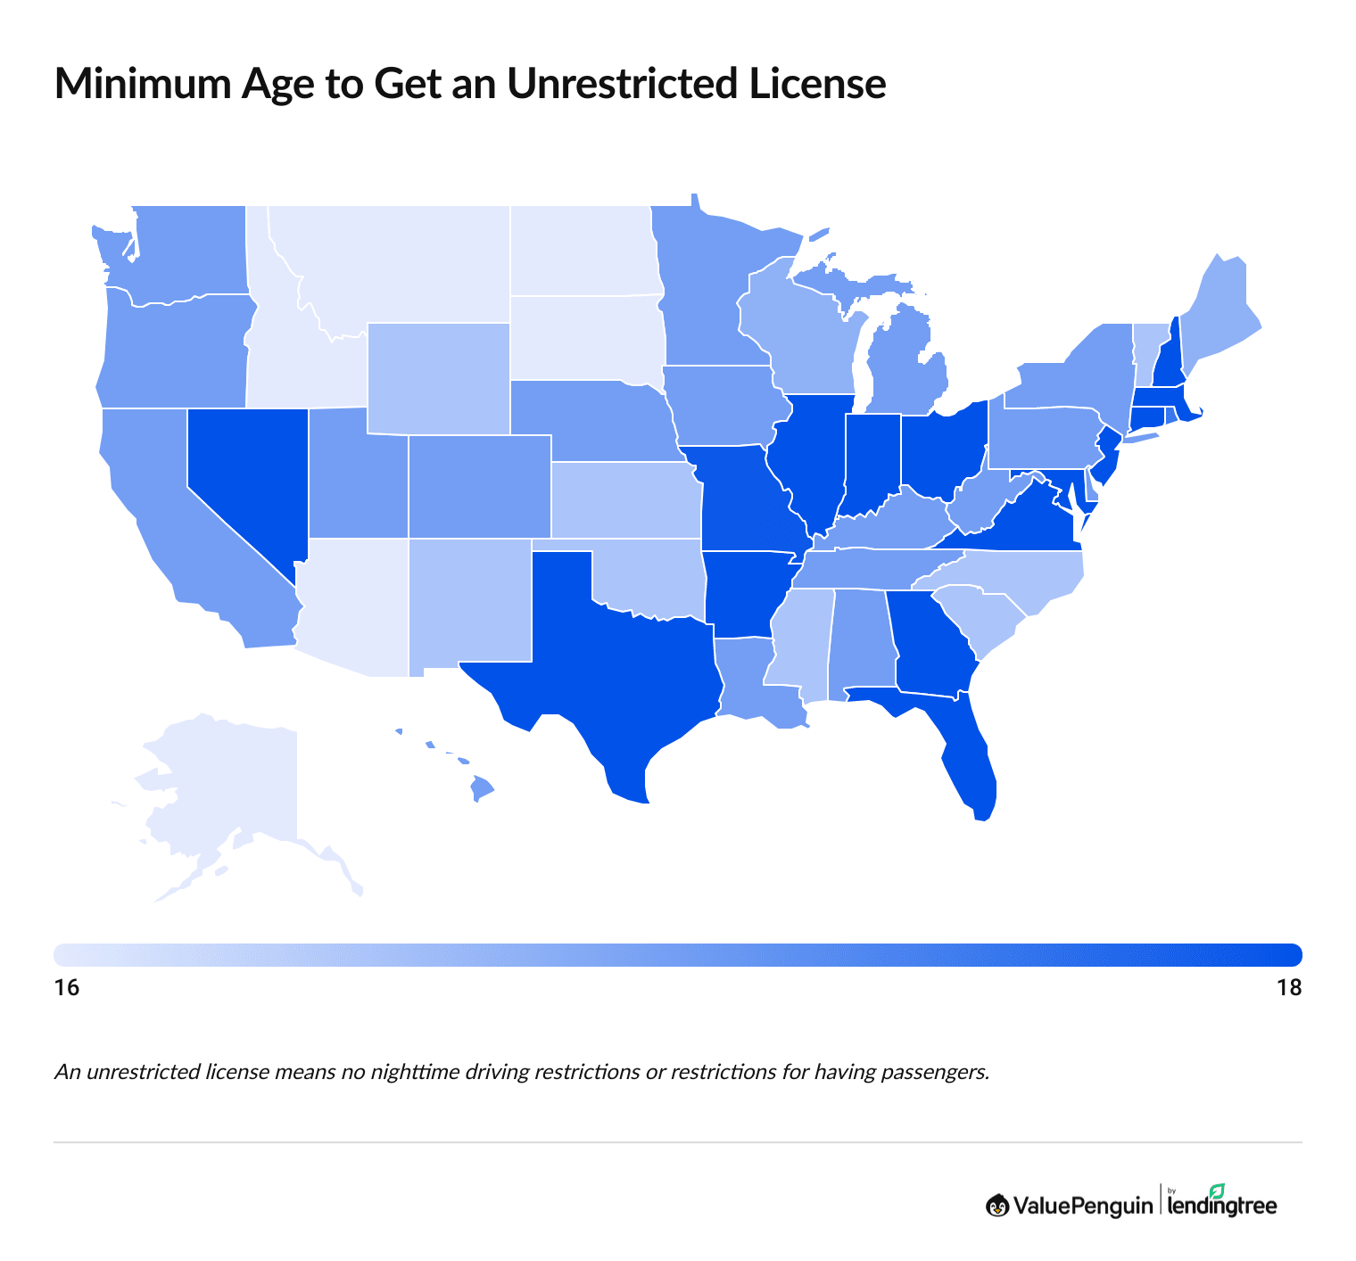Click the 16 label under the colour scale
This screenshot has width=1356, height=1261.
(67, 988)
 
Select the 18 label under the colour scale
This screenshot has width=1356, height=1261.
(1289, 988)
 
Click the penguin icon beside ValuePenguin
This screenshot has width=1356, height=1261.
(997, 1206)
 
